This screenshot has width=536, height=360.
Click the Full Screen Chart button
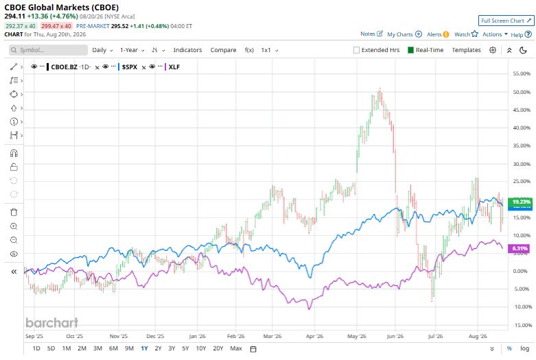coord(506,21)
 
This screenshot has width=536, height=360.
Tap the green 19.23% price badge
coord(520,202)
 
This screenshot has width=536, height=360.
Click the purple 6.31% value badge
coord(520,248)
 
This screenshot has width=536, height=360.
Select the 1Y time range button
coord(144,348)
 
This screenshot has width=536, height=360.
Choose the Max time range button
coord(236,348)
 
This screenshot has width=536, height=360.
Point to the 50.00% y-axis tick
coord(522,92)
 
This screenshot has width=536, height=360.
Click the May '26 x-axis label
coord(357,336)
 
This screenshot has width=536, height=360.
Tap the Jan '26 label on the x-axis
coord(197,336)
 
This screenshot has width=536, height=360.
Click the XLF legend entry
coord(174,67)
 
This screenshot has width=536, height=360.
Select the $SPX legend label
coord(130,67)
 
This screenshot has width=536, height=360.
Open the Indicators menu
coord(187,50)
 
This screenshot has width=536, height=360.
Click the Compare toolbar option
coord(223,50)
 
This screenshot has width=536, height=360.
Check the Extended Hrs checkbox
coord(356,50)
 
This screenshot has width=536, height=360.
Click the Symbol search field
coord(48,50)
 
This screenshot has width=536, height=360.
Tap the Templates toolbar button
coord(466,50)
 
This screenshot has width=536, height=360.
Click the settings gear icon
coord(493,50)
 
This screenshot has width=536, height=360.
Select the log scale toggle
coord(525,348)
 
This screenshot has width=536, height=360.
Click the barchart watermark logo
coord(52,323)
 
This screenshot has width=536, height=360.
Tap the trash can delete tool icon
coord(14,212)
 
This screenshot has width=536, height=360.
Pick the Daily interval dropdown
coord(102,50)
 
